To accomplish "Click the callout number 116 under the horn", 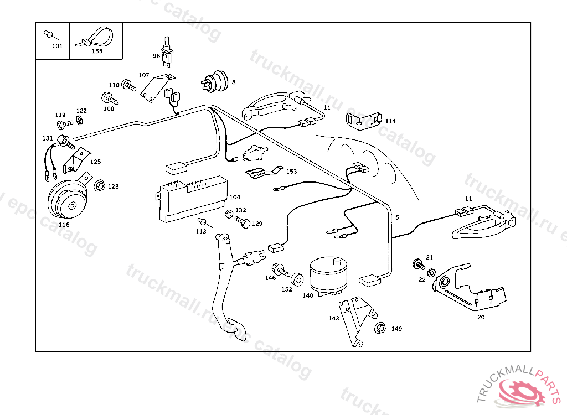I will [x=64, y=225].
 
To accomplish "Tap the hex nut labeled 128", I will [x=100, y=186].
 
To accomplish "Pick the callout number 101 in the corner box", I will [x=57, y=46].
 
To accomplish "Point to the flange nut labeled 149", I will [x=380, y=328].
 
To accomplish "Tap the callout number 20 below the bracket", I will [x=481, y=317].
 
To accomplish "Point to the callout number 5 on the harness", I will [x=396, y=217].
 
